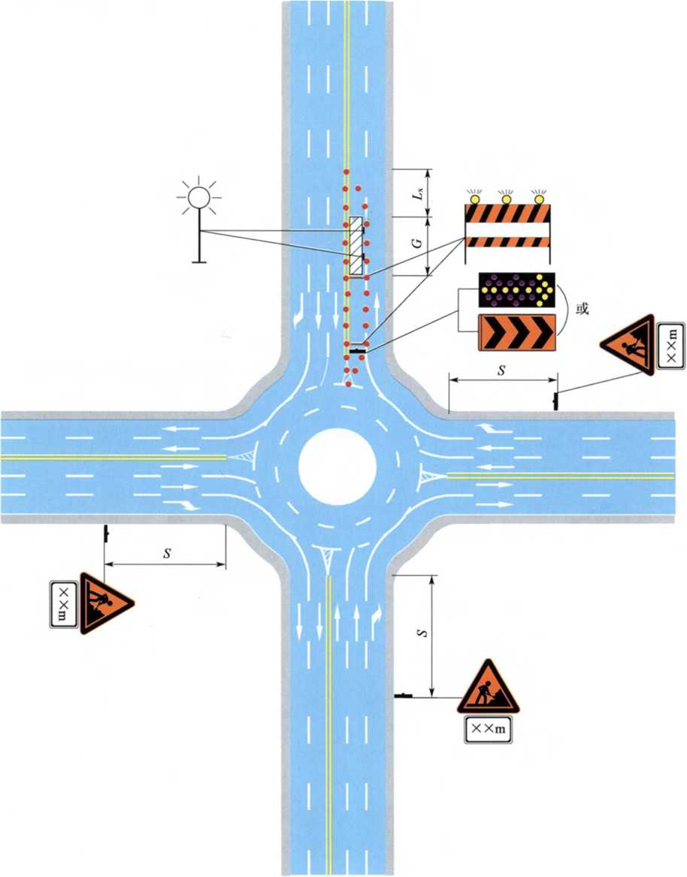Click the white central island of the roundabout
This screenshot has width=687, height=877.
[337, 467]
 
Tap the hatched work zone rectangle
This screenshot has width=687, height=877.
[356, 246]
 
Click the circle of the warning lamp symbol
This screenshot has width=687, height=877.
[198, 198]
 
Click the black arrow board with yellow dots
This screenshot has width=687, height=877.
[516, 290]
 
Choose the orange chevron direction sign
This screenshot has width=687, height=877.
[516, 333]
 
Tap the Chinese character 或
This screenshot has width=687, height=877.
[583, 309]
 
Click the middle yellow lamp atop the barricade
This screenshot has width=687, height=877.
[507, 198]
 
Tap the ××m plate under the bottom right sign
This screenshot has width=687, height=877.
[489, 729]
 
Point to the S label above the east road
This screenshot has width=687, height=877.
[502, 369]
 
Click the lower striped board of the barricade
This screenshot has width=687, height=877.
[507, 242]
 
